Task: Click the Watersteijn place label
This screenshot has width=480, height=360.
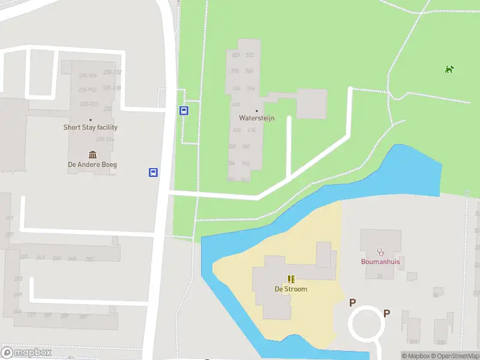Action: pyautogui.click(x=257, y=118)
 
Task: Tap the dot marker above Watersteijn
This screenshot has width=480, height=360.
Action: pyautogui.click(x=257, y=111)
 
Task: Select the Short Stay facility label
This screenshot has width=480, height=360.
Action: pyautogui.click(x=91, y=127)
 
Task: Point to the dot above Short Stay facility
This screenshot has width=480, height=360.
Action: pyautogui.click(x=91, y=120)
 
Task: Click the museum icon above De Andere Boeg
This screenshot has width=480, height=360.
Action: pyautogui.click(x=92, y=155)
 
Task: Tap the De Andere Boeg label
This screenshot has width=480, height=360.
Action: pyautogui.click(x=92, y=164)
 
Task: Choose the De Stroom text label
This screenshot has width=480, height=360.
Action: pyautogui.click(x=291, y=289)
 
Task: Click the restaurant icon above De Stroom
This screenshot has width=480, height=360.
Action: pyautogui.click(x=291, y=279)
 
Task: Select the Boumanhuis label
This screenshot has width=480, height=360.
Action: pyautogui.click(x=380, y=262)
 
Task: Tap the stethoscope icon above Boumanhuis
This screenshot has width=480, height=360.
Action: pyautogui.click(x=380, y=251)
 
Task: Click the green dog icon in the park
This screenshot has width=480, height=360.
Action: pyautogui.click(x=449, y=70)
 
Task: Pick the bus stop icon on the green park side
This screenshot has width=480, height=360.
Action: pyautogui.click(x=184, y=110)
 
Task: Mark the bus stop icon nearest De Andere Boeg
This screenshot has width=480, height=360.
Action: pyautogui.click(x=154, y=173)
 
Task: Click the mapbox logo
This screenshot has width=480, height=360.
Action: pyautogui.click(x=26, y=353)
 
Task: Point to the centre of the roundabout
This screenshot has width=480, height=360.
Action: pyautogui.click(x=366, y=325)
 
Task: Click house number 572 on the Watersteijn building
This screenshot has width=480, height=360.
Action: pyautogui.click(x=250, y=55)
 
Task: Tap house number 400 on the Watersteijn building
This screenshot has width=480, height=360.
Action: pyautogui.click(x=235, y=104)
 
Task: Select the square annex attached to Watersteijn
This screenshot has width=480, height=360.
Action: pyautogui.click(x=311, y=104)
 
